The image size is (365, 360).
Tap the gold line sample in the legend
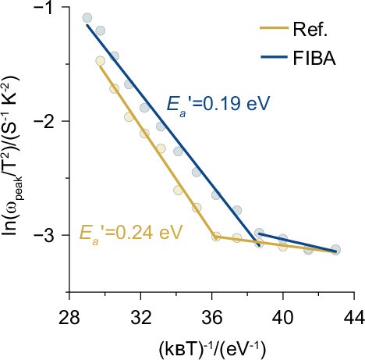(x=275, y=33)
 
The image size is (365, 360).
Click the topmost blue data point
(x=87, y=18)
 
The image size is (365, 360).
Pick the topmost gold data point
(x=100, y=61)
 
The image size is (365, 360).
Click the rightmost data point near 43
(x=335, y=250)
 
